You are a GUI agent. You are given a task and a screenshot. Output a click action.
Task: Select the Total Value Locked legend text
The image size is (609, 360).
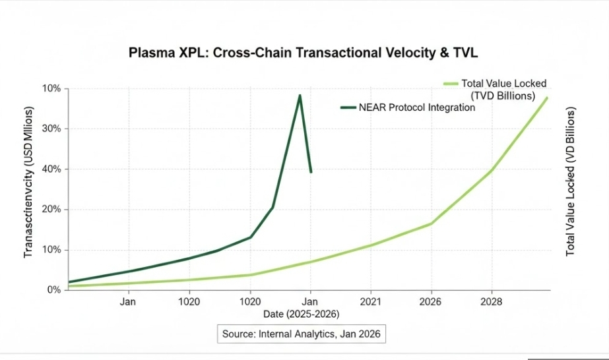(504, 84)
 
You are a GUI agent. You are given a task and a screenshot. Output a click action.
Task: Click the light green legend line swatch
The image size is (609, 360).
(451, 84)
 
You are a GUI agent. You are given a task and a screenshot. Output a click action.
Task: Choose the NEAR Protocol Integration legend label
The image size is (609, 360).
(416, 107)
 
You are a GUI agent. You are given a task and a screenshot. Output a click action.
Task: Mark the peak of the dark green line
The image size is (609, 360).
(300, 96)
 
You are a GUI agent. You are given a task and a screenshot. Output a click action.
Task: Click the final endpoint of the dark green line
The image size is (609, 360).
(311, 172)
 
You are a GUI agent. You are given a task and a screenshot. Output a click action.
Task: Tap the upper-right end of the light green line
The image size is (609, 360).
(547, 98)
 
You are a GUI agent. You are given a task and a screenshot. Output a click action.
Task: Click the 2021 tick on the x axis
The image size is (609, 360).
(371, 302)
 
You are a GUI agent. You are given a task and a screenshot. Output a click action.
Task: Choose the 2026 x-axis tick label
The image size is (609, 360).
(431, 302)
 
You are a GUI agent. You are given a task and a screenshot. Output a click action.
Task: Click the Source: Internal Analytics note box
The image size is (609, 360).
(301, 334)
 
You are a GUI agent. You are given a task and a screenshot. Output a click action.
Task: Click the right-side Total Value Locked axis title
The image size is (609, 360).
(571, 181)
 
